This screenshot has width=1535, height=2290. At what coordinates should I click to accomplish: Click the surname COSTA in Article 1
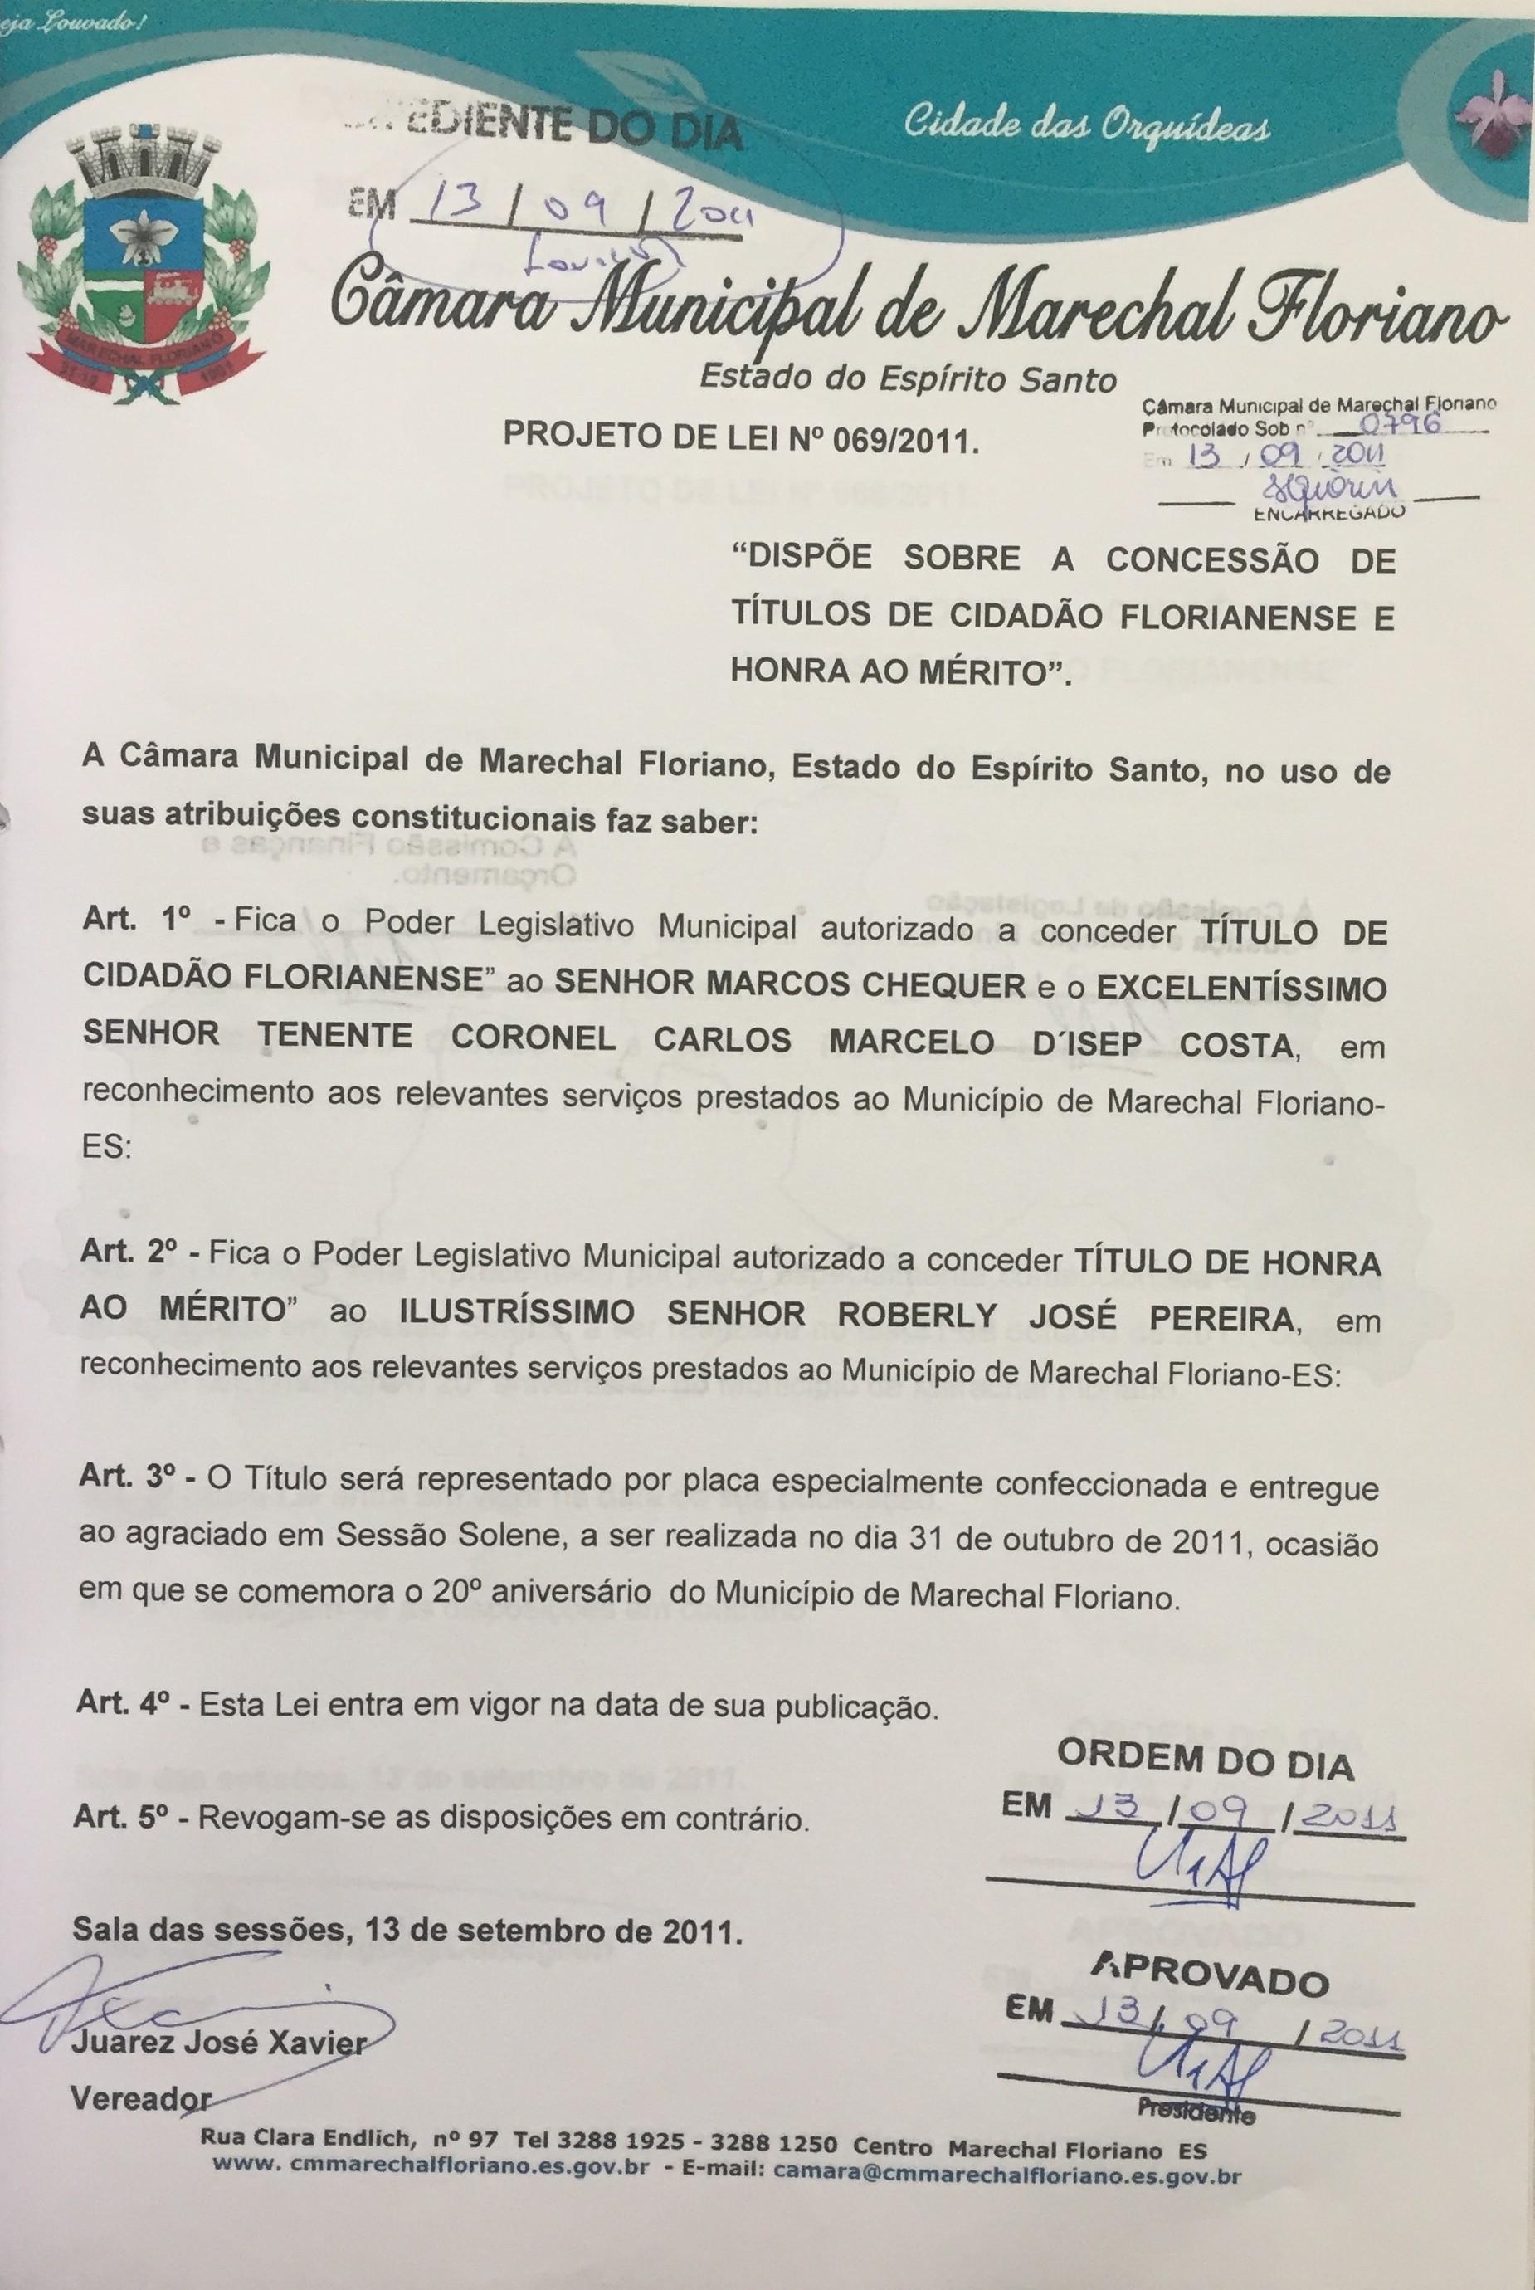[1240, 1045]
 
